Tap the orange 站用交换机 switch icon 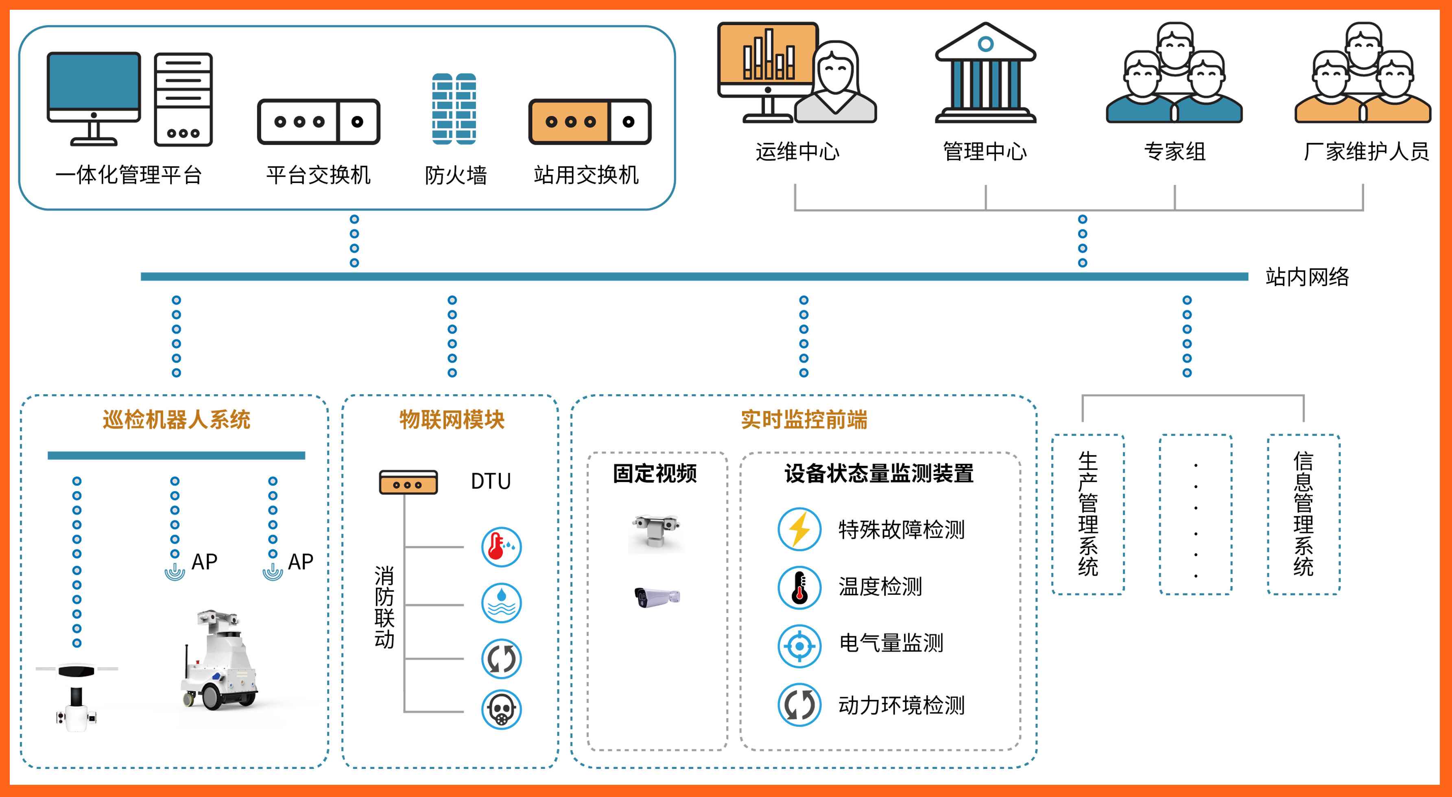tap(590, 122)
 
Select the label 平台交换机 tap(319, 175)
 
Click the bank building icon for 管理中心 tap(985, 73)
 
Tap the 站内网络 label tap(1307, 277)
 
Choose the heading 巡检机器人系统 tap(177, 419)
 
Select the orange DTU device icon tap(408, 483)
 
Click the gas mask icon tap(501, 710)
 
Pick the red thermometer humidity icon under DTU tap(501, 547)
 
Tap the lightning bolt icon tap(799, 529)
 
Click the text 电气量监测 tap(891, 642)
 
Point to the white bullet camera tap(657, 596)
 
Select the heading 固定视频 tap(655, 474)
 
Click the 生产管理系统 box tap(1088, 514)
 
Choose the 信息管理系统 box tap(1303, 514)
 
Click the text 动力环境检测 tap(901, 705)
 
